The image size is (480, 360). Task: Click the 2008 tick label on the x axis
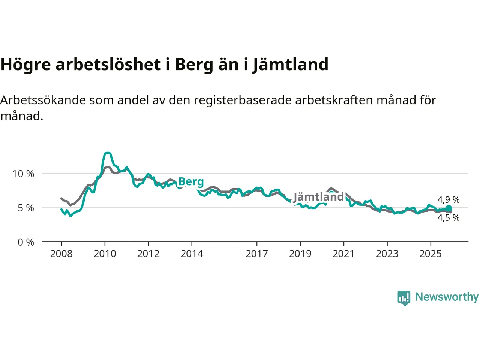click(61, 254)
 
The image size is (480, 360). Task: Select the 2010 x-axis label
click(105, 254)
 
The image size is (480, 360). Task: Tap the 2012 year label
click(148, 254)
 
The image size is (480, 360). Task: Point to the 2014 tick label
click(192, 254)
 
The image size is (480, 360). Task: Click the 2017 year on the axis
click(256, 254)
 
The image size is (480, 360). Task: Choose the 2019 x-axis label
click(300, 254)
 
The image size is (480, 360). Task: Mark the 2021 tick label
click(343, 254)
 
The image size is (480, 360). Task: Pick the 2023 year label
click(387, 254)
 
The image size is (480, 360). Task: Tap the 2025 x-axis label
click(430, 254)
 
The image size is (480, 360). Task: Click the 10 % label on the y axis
click(23, 174)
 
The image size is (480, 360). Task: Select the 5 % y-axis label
click(26, 208)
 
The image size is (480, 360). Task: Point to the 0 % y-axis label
click(26, 242)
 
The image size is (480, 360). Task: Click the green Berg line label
click(191, 182)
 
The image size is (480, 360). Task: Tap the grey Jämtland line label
click(318, 197)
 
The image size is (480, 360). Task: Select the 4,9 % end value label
click(448, 200)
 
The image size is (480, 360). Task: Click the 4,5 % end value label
click(448, 218)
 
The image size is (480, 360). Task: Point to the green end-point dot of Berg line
click(448, 208)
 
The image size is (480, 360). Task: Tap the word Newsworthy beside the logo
click(447, 297)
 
